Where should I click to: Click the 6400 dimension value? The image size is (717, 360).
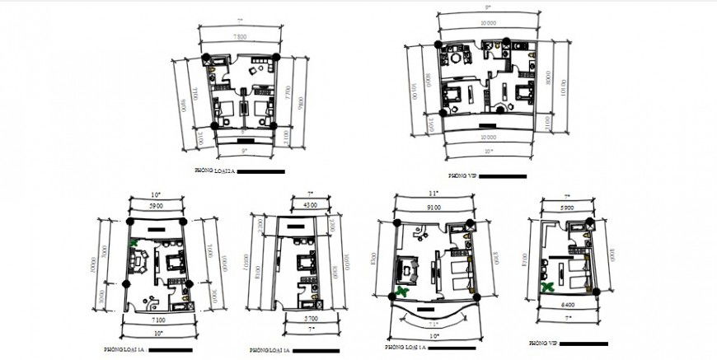(x=567, y=306)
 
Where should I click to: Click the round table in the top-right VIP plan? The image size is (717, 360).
(x=500, y=106)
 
